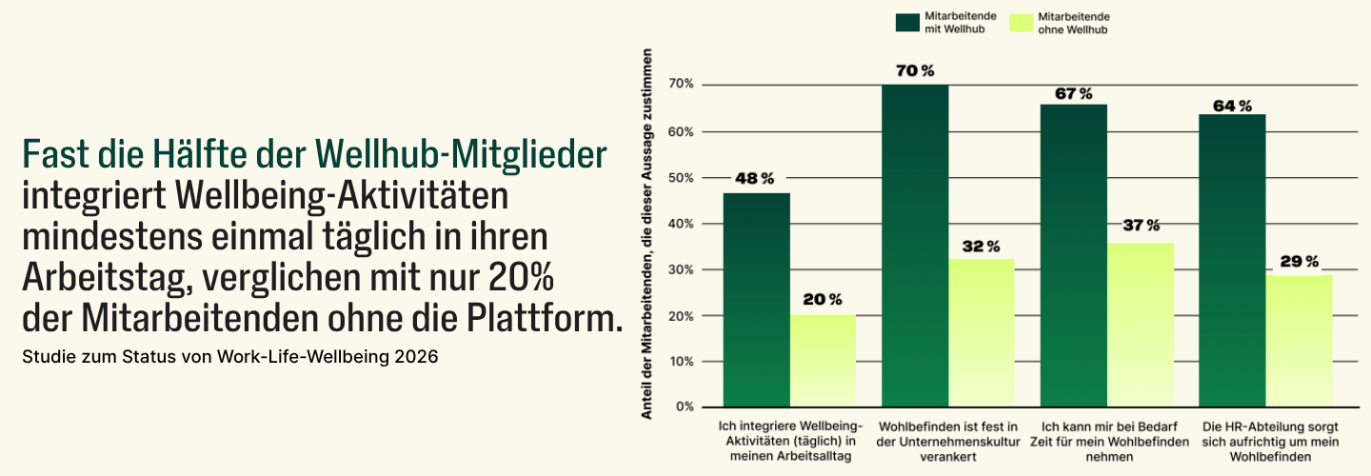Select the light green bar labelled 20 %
[823, 361]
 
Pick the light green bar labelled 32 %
[981, 333]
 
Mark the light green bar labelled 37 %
[1140, 325]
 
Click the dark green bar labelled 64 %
[1232, 261]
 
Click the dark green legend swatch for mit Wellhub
[907, 23]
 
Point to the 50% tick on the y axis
[683, 178]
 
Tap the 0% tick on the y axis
[685, 407]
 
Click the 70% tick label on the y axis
[683, 86]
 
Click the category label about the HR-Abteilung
[1270, 441]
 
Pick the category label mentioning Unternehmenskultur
[947, 441]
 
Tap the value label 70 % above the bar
[915, 71]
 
